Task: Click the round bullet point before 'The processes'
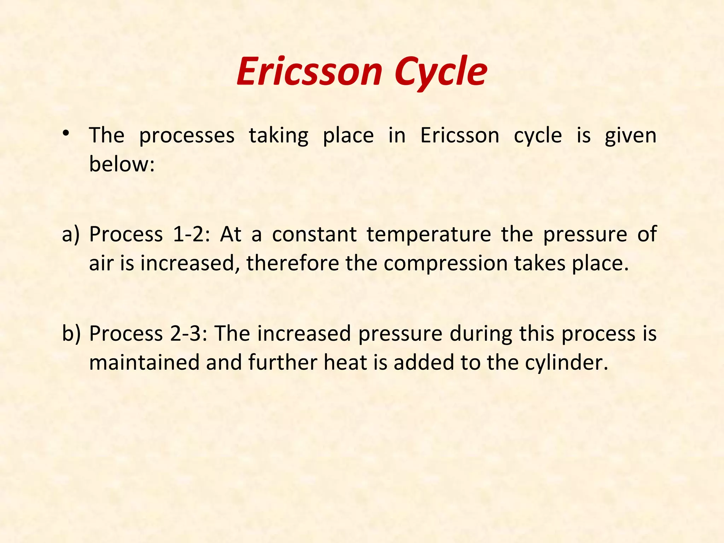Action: (x=66, y=134)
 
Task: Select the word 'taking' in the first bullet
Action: (x=279, y=136)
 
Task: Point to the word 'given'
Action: (x=630, y=136)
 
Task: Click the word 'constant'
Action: (x=314, y=235)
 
